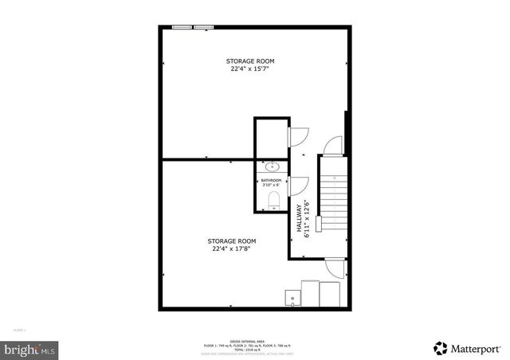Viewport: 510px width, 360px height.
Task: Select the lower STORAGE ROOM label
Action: [232, 241]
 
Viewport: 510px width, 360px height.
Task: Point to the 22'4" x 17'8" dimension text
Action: [232, 248]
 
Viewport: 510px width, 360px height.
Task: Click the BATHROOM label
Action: [272, 181]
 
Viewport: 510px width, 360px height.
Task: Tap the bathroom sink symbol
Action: [272, 166]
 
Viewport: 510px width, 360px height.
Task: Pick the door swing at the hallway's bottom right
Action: [335, 268]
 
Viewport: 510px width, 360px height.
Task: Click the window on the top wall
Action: [194, 28]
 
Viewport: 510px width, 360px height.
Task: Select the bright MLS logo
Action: [30, 349]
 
